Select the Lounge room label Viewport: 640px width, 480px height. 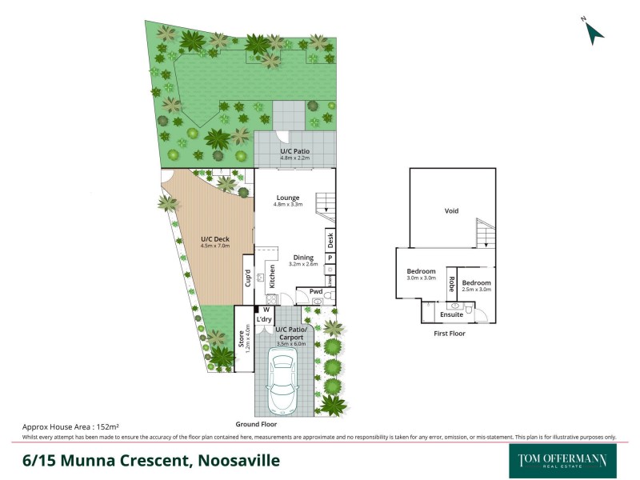pyautogui.click(x=288, y=198)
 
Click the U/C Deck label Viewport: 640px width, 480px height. pyautogui.click(x=214, y=239)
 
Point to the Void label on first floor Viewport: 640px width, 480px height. pyautogui.click(x=451, y=212)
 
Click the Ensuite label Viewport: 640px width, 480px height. pyautogui.click(x=452, y=314)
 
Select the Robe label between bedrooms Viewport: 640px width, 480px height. pyautogui.click(x=451, y=283)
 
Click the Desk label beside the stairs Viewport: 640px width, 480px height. pyautogui.click(x=330, y=238)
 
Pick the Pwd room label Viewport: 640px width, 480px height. pyautogui.click(x=316, y=292)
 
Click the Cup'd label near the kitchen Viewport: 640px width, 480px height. pyautogui.click(x=248, y=278)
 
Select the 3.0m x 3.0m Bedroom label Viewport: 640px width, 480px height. pyautogui.click(x=421, y=274)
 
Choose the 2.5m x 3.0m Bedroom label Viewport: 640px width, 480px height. pyautogui.click(x=475, y=285)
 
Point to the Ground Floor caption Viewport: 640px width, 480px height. pyautogui.click(x=254, y=424)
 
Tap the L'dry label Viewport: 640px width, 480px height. pyautogui.click(x=264, y=319)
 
